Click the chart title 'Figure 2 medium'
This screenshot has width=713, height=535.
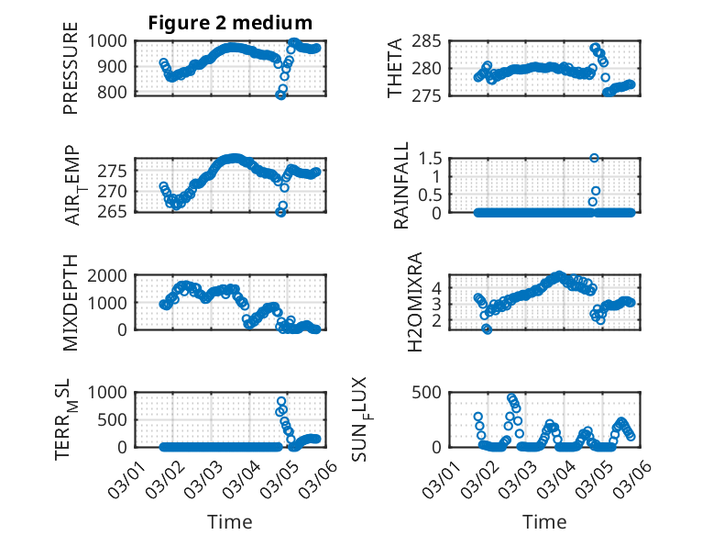tap(231, 22)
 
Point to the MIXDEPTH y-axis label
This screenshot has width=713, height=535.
tap(71, 302)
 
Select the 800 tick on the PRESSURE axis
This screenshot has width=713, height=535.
tap(116, 93)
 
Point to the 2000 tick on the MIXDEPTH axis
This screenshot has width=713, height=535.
tap(111, 275)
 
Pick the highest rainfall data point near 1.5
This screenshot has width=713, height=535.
tap(595, 158)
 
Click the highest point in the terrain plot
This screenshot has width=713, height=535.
tap(281, 401)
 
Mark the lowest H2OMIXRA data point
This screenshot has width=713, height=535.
tap(488, 329)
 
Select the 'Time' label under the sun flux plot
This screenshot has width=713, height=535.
tap(544, 522)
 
